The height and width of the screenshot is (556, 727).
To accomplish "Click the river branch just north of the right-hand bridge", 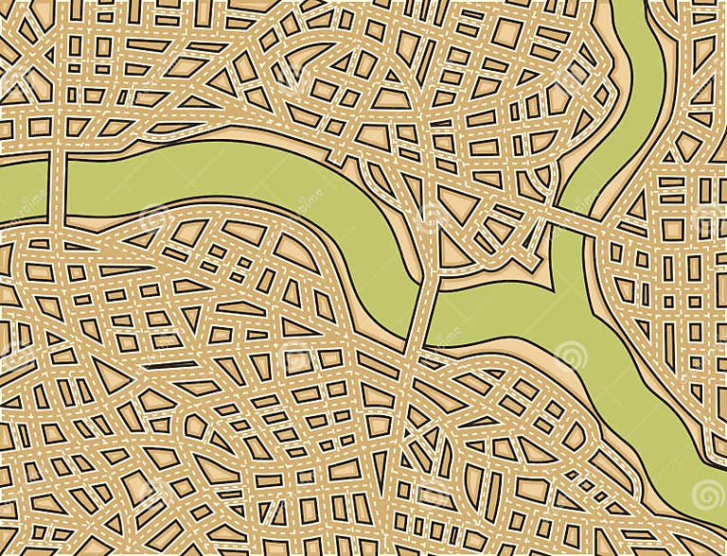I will [x=606, y=170].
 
